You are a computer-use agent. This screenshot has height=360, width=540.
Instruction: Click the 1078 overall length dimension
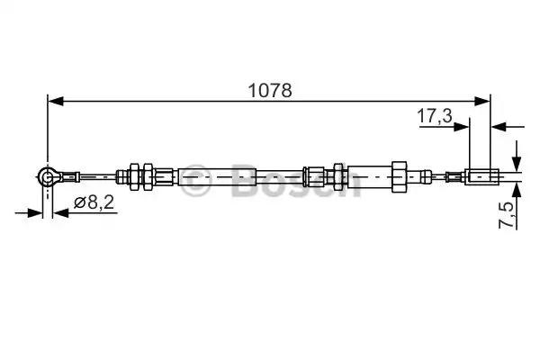point(269,91)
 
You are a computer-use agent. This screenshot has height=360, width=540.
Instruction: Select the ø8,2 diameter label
point(94,204)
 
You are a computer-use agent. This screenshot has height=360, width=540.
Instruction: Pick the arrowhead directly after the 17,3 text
point(463,126)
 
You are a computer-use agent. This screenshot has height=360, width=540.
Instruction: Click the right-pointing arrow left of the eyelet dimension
point(36,212)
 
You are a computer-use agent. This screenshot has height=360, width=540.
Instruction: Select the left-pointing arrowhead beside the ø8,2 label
point(60,212)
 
